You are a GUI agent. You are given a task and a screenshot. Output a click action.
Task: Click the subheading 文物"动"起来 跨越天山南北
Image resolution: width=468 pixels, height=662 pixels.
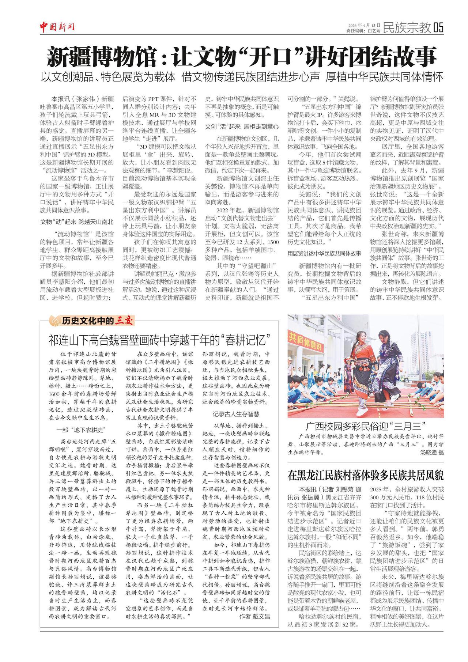pyautogui.click(x=76, y=222)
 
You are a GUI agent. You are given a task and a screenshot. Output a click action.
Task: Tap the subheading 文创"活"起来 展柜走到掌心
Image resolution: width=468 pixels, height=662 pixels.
pyautogui.click(x=242, y=127)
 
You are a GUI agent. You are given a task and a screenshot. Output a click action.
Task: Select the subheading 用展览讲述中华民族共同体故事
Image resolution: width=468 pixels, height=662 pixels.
pyautogui.click(x=324, y=253)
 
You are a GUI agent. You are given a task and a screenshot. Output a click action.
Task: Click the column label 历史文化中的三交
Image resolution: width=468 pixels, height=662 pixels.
pyautogui.click(x=97, y=321)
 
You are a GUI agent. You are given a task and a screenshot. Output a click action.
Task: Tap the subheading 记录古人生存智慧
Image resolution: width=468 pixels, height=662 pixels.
pyautogui.click(x=236, y=414)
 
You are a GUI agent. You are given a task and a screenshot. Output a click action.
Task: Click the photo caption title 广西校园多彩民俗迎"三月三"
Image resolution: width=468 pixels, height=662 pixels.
pyautogui.click(x=365, y=426)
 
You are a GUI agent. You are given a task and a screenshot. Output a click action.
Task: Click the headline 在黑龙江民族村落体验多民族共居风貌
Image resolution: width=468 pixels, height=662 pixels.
pyautogui.click(x=365, y=475)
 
